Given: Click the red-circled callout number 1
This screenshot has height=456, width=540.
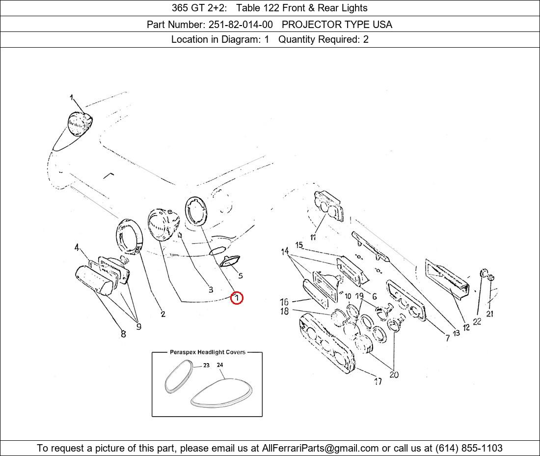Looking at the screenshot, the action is [x=237, y=298].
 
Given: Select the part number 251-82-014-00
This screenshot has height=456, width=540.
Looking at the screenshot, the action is [x=241, y=25].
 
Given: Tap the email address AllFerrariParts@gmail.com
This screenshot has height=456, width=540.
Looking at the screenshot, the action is [x=320, y=448].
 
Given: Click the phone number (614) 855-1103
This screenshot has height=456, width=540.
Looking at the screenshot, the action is [x=469, y=448].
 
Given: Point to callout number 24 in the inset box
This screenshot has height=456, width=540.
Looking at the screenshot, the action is [x=220, y=365].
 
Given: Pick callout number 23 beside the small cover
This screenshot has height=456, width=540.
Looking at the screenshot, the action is [x=206, y=365].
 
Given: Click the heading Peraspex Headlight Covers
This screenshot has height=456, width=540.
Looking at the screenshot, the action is [x=207, y=352].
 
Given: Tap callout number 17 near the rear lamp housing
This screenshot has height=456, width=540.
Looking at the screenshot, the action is [x=378, y=381].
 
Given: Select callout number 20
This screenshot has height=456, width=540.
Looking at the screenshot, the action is [x=394, y=374].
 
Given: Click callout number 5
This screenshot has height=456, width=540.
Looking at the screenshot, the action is [x=241, y=275].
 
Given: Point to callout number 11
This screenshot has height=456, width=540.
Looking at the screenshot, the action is [x=313, y=237].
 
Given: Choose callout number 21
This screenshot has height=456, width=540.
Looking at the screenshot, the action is [x=490, y=313].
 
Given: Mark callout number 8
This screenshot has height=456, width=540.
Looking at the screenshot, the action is [x=123, y=334].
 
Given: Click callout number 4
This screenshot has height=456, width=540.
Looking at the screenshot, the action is [x=77, y=247].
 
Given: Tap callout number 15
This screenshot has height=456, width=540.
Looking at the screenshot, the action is [x=299, y=245].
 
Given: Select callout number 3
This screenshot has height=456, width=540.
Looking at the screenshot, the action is [x=211, y=289].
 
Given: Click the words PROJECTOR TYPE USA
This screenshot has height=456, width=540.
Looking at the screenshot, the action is [x=337, y=25].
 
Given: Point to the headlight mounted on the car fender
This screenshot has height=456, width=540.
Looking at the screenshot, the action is [x=80, y=123].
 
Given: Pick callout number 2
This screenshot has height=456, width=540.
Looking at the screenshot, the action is [x=163, y=313].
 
